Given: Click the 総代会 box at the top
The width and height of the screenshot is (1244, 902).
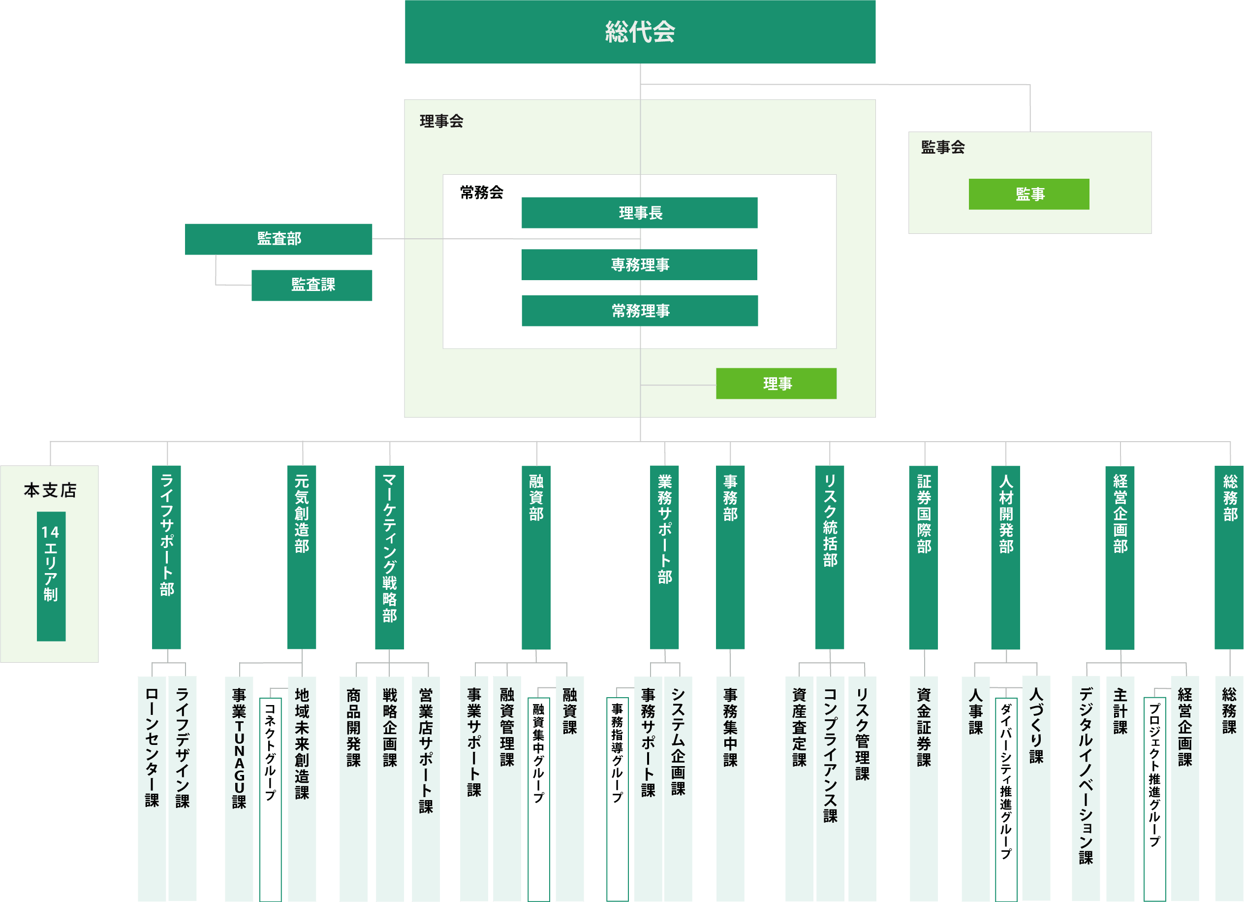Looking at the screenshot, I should tap(640, 32).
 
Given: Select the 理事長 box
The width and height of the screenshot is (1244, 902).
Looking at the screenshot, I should tap(640, 213).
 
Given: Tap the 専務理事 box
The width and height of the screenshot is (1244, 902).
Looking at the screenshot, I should tap(640, 265).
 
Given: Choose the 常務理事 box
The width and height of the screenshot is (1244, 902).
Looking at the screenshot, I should tap(640, 311).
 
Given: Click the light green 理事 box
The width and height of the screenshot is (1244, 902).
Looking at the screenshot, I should tap(776, 384).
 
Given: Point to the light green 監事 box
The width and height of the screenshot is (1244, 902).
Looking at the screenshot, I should tap(1029, 194).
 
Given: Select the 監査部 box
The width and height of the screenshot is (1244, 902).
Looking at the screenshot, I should tap(279, 239).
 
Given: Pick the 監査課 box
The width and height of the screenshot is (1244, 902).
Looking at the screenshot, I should tap(311, 285).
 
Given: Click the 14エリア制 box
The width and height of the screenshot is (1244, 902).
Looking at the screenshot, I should tap(51, 576).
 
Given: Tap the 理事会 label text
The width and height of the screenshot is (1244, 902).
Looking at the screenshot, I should tap(441, 121).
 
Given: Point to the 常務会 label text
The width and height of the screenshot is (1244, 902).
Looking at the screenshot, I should tap(482, 193).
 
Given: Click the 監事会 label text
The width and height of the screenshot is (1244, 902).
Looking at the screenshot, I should tap(943, 147).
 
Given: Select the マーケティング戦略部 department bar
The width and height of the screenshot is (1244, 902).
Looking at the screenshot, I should tap(389, 557).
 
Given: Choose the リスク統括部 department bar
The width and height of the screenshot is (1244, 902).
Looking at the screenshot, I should tap(830, 557).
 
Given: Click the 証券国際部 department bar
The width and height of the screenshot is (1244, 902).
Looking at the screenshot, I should tap(924, 557).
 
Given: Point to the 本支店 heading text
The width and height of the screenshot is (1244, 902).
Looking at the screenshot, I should tap(50, 490).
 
